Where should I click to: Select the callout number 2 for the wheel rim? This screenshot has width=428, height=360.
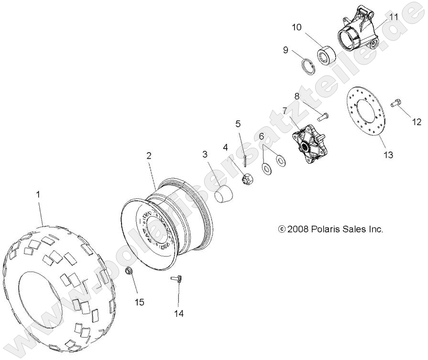click(x=149, y=155)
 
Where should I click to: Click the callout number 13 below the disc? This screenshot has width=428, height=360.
click(x=387, y=155)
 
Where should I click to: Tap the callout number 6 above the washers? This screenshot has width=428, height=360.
click(x=262, y=136)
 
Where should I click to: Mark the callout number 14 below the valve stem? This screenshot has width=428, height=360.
click(x=178, y=314)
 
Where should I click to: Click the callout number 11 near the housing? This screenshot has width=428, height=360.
click(x=394, y=17)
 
